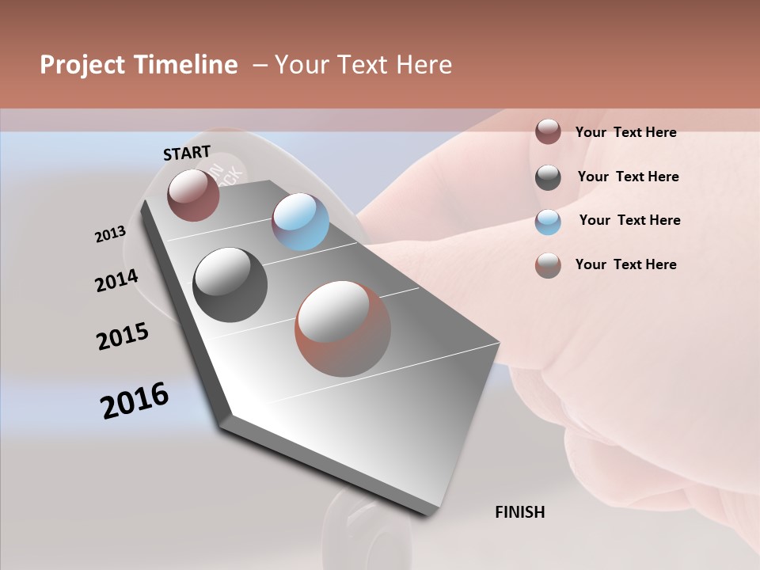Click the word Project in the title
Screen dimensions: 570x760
82,65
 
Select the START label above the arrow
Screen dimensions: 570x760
187,153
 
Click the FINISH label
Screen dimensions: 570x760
519,512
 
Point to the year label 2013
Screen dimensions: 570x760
110,234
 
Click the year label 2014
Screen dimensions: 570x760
116,280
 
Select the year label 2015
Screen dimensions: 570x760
123,336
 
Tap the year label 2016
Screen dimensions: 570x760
135,401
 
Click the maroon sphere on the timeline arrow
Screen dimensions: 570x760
194,195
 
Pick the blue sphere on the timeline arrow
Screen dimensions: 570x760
300,222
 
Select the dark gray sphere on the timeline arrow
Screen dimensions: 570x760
230,285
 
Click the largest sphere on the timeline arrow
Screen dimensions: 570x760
343,329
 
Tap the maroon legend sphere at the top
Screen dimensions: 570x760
548,131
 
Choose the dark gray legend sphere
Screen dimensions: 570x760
548,177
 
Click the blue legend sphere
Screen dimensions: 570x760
548,222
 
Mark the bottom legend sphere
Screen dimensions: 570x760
548,265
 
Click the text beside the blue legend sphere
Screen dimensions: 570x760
629,220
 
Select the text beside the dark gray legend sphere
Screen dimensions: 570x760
628,177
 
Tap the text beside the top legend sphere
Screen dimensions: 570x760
625,132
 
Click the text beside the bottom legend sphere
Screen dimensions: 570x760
625,264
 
